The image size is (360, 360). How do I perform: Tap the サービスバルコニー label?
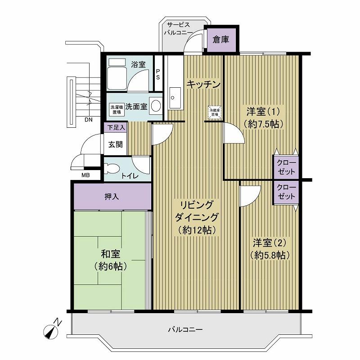pyautogui.click(x=179, y=29)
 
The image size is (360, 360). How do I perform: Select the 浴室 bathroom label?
pyautogui.click(x=138, y=64)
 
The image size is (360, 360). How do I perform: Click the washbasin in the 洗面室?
pyautogui.click(x=156, y=106)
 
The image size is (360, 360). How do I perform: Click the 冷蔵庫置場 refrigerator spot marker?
pyautogui.click(x=213, y=112)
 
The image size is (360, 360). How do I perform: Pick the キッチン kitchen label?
pyautogui.click(x=203, y=84)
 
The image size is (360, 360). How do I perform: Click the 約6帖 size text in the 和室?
pyautogui.click(x=110, y=266)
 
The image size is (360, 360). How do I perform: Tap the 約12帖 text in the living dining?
pyautogui.click(x=197, y=230)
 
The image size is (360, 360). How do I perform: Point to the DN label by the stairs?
pyautogui.click(x=89, y=119)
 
